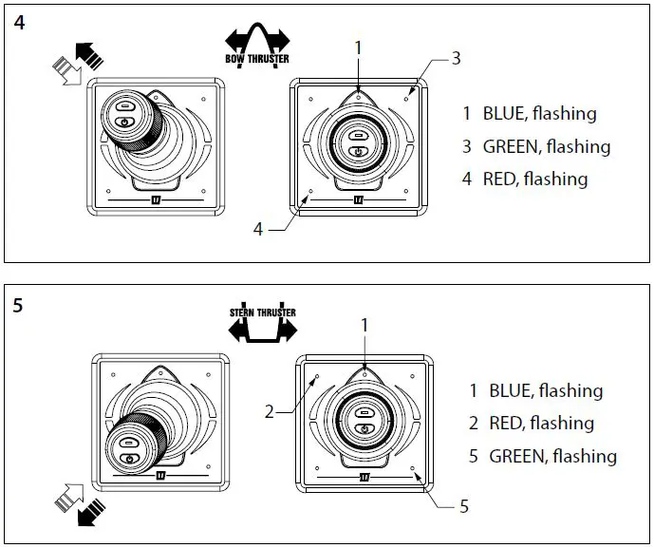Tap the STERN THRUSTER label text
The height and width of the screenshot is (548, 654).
click(x=262, y=312)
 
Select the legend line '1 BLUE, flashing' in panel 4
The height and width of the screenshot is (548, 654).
click(x=529, y=114)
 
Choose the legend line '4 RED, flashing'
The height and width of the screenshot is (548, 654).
click(x=525, y=179)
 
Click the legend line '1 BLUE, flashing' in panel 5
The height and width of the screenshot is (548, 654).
click(x=535, y=390)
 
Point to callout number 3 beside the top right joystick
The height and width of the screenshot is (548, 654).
click(x=456, y=59)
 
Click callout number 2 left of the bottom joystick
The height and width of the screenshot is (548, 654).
click(x=270, y=412)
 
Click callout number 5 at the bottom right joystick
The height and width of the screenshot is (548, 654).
click(x=463, y=506)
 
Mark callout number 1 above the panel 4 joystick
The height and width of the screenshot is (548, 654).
click(x=358, y=46)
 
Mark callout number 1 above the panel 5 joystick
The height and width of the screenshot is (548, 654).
click(x=364, y=325)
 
